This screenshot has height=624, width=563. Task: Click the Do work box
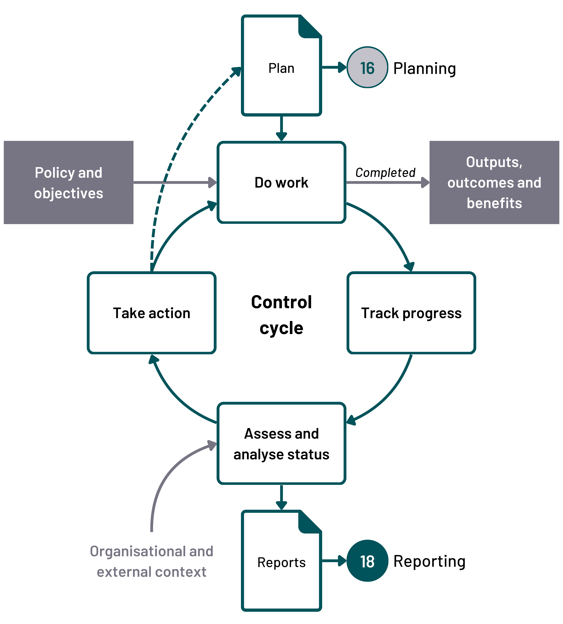[281, 182]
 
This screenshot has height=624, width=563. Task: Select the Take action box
[152, 313]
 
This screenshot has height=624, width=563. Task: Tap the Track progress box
[411, 313]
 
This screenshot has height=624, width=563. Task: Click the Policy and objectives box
[68, 182]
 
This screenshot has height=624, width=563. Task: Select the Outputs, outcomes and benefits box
[494, 182]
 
